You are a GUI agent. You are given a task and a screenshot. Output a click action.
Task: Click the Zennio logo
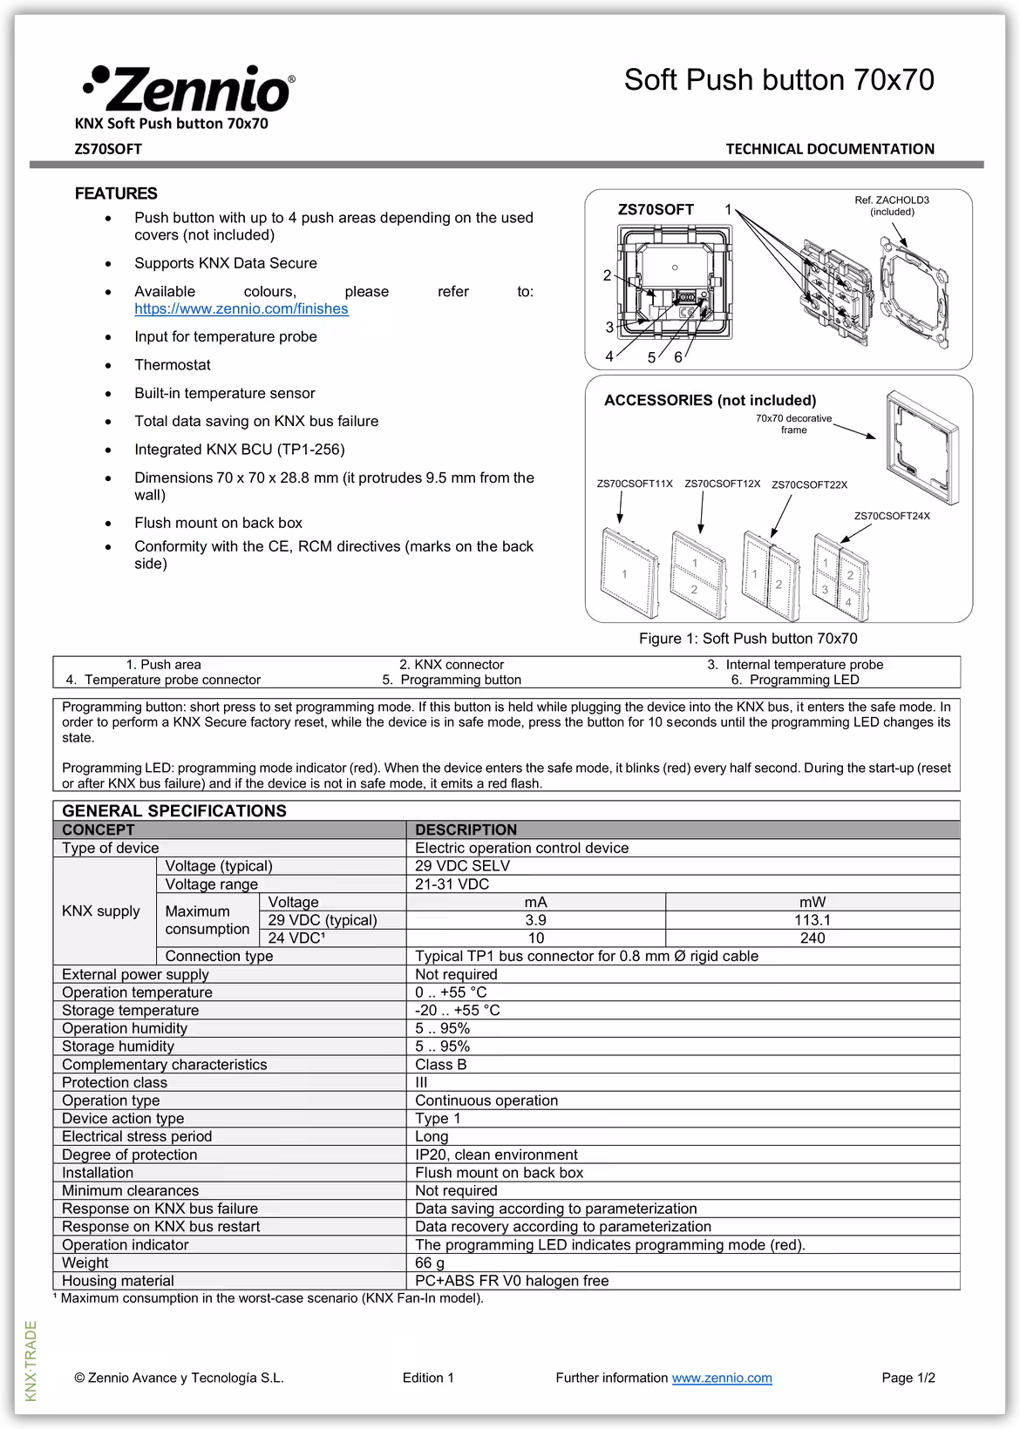pyautogui.click(x=188, y=88)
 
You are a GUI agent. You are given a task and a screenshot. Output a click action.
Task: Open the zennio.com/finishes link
pyautogui.click(x=241, y=309)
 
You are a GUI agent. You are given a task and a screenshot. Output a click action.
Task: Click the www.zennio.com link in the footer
pyautogui.click(x=721, y=1378)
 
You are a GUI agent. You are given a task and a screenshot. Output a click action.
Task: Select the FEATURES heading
pyautogui.click(x=116, y=193)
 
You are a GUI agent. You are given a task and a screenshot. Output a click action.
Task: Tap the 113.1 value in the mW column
pyautogui.click(x=812, y=920)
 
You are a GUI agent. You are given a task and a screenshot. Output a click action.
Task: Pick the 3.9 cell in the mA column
pyautogui.click(x=535, y=920)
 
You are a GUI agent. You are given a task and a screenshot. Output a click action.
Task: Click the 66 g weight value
pyautogui.click(x=430, y=1263)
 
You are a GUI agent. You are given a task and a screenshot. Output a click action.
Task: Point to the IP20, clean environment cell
pyautogui.click(x=496, y=1155)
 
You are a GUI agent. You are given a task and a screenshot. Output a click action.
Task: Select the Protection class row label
pyautogui.click(x=114, y=1082)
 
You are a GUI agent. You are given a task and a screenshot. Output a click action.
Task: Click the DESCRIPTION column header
pyautogui.click(x=466, y=830)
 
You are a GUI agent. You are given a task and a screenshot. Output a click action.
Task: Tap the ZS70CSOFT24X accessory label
pyautogui.click(x=891, y=516)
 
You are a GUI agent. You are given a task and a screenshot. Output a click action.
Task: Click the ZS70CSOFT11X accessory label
pyautogui.click(x=634, y=484)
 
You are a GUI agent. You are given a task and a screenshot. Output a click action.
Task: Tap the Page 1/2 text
pyautogui.click(x=908, y=1378)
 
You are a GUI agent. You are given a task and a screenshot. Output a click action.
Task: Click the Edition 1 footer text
pyautogui.click(x=428, y=1378)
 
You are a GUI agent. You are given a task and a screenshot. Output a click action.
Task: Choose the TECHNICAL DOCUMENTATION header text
pyautogui.click(x=829, y=149)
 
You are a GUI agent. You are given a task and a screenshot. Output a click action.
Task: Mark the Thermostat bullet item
pyautogui.click(x=173, y=365)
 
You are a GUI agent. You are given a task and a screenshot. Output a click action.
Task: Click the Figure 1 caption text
pyautogui.click(x=747, y=639)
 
